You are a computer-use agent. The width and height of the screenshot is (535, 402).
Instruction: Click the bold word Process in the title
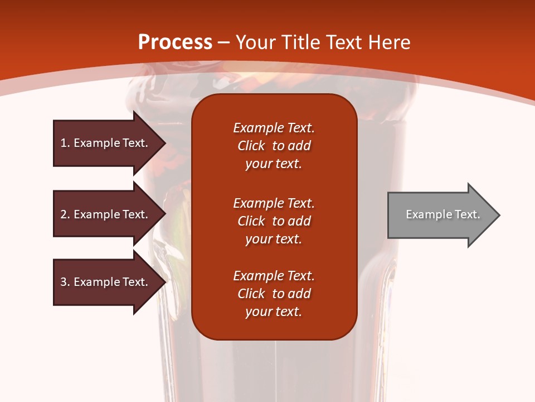(x=175, y=42)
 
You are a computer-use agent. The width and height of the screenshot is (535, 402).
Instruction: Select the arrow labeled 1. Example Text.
(x=106, y=143)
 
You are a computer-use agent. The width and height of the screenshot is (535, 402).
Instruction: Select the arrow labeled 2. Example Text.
(x=106, y=214)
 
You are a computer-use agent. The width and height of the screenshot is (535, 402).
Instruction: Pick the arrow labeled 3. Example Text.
(x=106, y=282)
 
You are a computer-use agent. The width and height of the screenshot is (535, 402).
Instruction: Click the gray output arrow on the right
(x=440, y=214)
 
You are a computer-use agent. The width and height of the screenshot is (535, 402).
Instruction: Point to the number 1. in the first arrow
(x=65, y=143)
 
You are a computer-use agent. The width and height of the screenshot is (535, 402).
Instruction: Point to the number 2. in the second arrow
(x=65, y=214)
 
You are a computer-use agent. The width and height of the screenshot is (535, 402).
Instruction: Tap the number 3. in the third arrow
(x=65, y=282)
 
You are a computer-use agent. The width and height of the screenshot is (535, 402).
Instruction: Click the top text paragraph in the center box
(x=274, y=146)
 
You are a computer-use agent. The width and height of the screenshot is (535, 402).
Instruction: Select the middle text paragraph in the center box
(x=274, y=221)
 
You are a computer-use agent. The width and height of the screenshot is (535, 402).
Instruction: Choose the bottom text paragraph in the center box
(x=274, y=294)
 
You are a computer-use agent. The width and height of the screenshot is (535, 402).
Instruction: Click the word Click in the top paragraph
(x=251, y=146)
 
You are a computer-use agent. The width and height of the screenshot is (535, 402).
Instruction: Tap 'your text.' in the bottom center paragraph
(x=274, y=312)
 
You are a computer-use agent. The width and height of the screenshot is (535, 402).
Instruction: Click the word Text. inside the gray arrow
(x=466, y=214)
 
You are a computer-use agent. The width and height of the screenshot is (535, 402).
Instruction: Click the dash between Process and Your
(x=224, y=42)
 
